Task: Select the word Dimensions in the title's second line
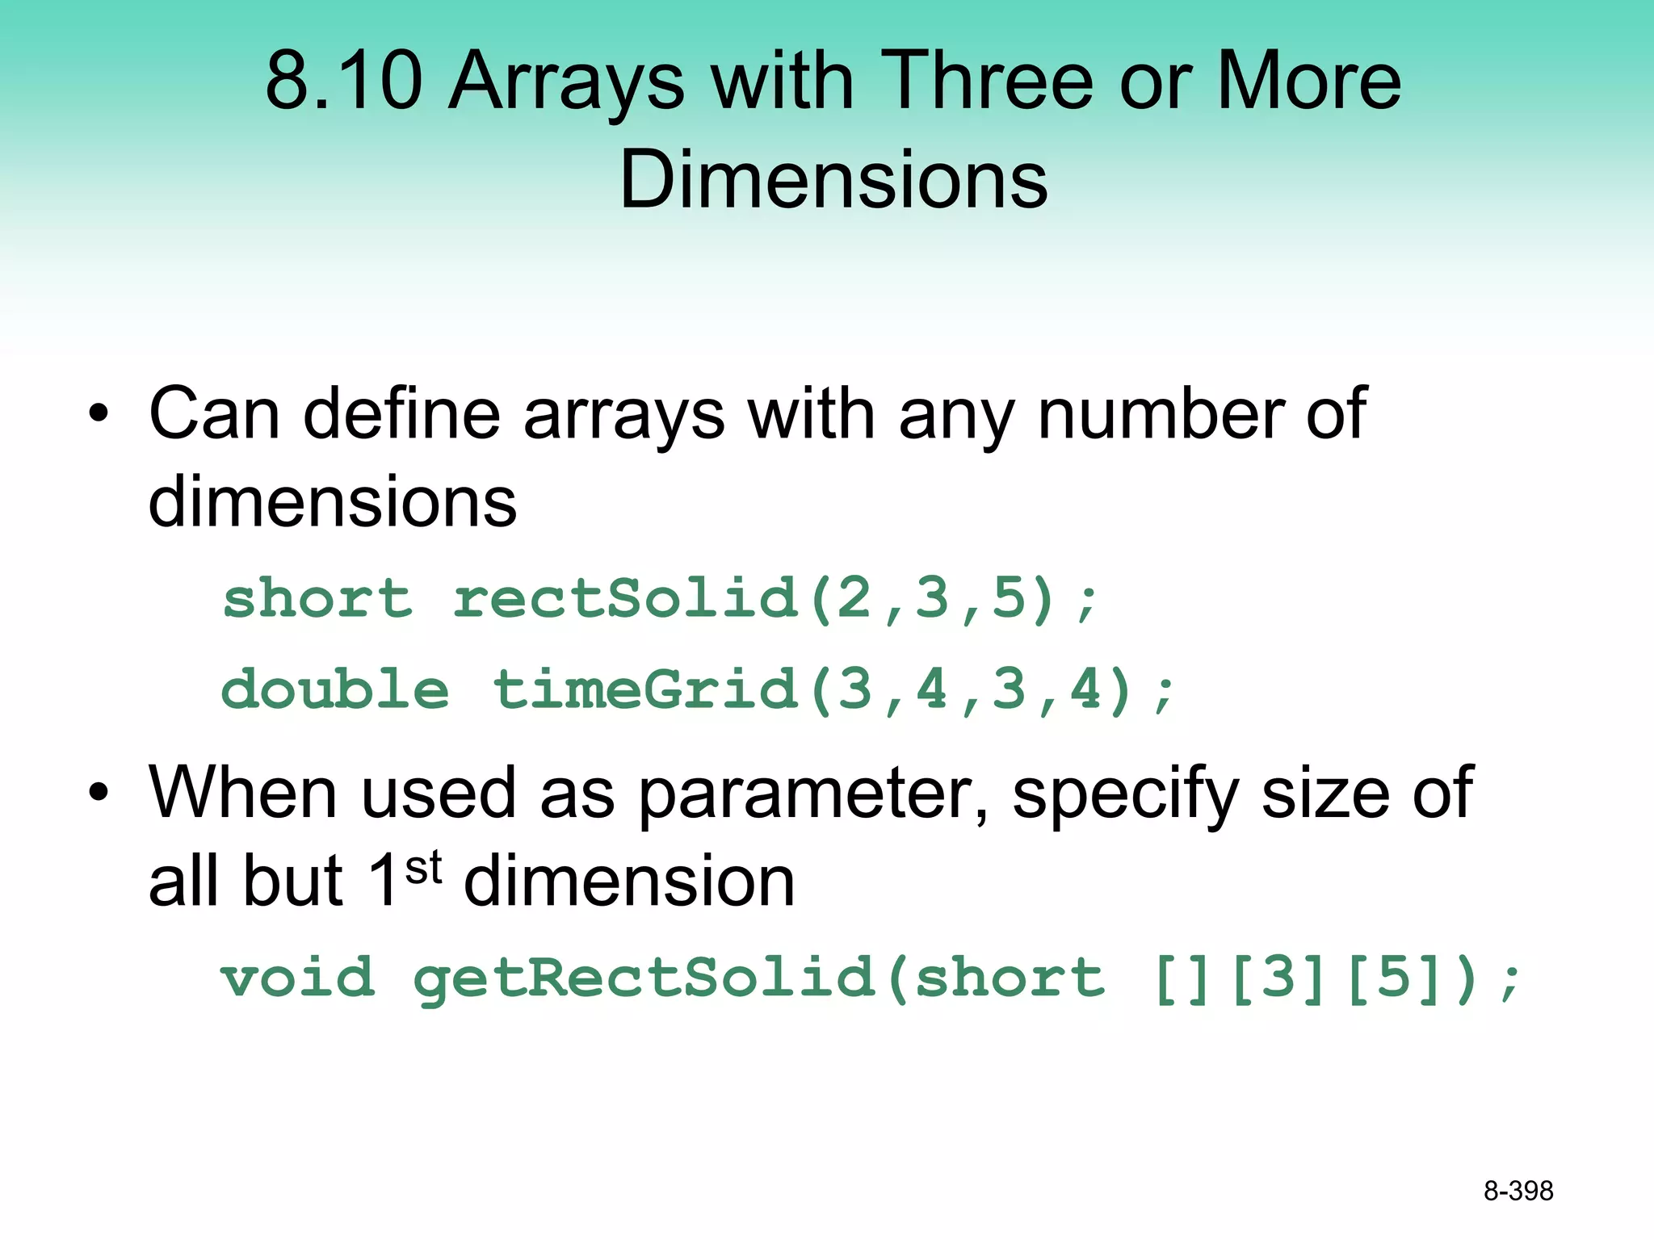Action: pos(833,179)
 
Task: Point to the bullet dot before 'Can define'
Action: pos(99,414)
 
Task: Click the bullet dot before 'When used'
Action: pos(99,792)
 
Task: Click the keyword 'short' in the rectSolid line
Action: pos(317,600)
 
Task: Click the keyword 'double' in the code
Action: pos(335,691)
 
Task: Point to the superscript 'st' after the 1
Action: pos(423,869)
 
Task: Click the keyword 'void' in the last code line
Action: pos(298,978)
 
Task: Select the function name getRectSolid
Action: pos(644,978)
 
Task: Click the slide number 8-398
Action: pos(1518,1191)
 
